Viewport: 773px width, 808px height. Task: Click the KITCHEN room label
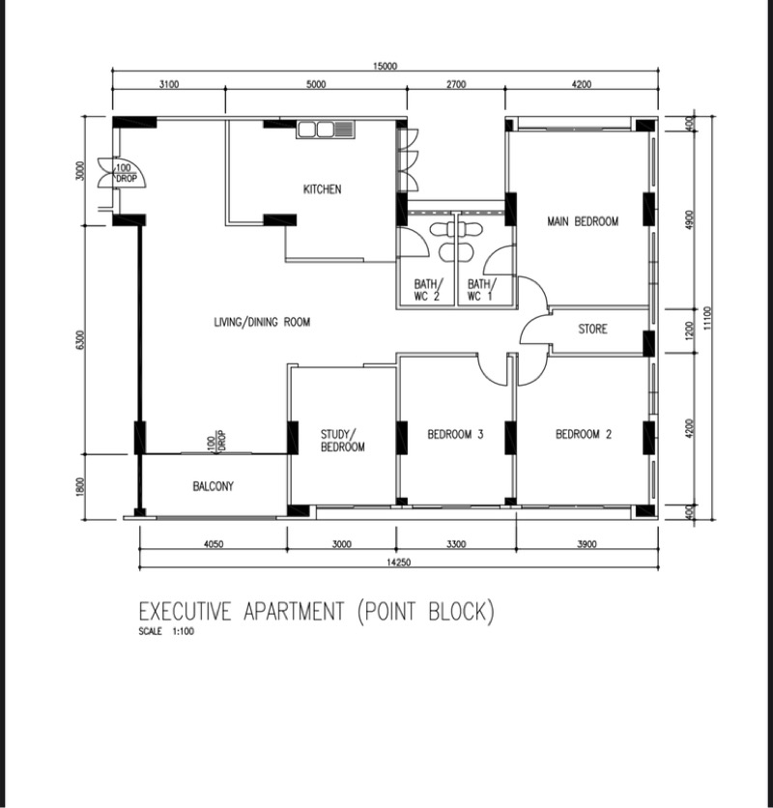tap(322, 189)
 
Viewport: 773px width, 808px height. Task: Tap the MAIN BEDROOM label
tap(583, 221)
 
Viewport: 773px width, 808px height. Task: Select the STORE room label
tap(592, 330)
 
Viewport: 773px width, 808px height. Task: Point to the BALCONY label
tap(213, 486)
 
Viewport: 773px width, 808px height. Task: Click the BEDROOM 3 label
tap(455, 435)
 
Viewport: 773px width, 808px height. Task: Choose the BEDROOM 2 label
tap(583, 435)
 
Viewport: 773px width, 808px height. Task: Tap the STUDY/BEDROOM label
tap(342, 441)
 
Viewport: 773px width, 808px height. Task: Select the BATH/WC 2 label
tap(427, 290)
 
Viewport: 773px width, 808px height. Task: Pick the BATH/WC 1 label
tap(480, 290)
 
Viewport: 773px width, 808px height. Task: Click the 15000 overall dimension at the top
tap(385, 67)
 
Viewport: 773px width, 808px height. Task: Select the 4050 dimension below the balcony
tap(213, 544)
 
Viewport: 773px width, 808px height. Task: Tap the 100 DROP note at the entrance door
tap(126, 174)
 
